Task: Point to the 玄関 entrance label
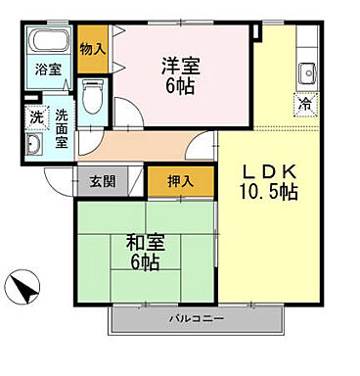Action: (x=102, y=180)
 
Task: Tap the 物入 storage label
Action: (x=91, y=49)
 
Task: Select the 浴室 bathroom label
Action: (x=46, y=70)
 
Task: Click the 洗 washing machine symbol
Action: (x=34, y=116)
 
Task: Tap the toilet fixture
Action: (x=91, y=95)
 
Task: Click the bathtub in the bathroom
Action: (x=47, y=43)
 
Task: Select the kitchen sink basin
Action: (x=305, y=72)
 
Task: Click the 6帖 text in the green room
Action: (x=145, y=262)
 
